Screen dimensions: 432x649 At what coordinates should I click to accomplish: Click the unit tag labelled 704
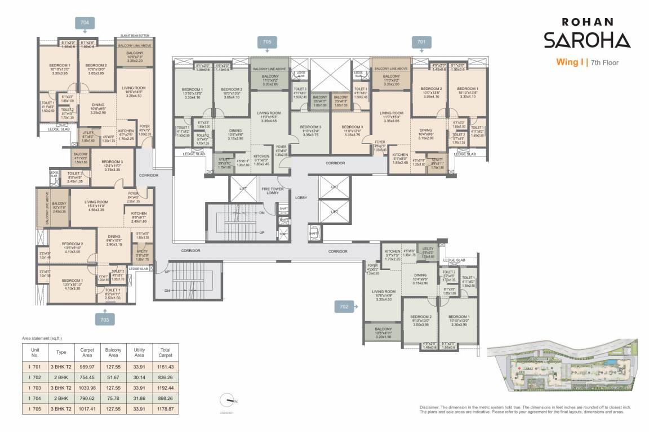click(85, 22)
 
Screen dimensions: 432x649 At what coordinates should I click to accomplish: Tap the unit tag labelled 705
click(267, 41)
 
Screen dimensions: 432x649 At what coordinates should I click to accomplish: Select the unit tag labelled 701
click(421, 41)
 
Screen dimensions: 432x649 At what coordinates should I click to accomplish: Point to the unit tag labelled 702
click(344, 307)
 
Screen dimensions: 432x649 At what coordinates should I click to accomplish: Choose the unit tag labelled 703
click(104, 319)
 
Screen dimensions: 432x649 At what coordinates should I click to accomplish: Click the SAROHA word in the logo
click(586, 40)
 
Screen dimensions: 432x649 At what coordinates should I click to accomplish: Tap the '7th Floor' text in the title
click(604, 63)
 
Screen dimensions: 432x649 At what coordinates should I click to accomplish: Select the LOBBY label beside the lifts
click(300, 197)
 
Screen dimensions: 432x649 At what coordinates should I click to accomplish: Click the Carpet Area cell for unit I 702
click(87, 377)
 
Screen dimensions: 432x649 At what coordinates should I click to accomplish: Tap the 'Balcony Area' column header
click(113, 353)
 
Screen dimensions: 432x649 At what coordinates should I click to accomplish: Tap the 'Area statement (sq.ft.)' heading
click(42, 339)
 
